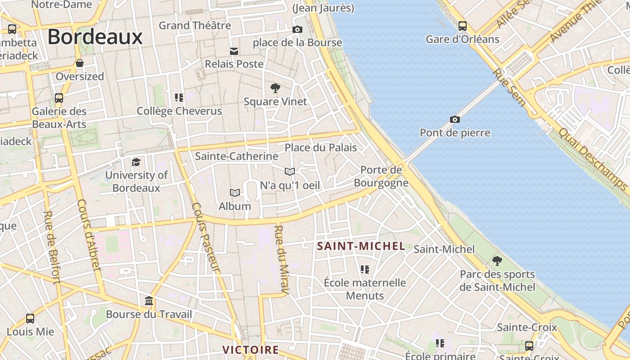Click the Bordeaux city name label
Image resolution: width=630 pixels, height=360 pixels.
pyautogui.click(x=95, y=36)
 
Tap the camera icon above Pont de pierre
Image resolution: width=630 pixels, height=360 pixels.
pyautogui.click(x=455, y=119)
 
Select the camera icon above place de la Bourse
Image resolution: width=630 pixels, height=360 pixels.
pyautogui.click(x=297, y=29)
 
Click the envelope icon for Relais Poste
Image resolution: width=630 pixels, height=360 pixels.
pyautogui.click(x=234, y=51)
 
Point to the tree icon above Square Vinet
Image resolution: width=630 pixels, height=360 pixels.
pyautogui.click(x=275, y=88)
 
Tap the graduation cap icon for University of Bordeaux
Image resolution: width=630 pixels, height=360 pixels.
pyautogui.click(x=136, y=162)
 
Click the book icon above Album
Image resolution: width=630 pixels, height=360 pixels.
pyautogui.click(x=234, y=193)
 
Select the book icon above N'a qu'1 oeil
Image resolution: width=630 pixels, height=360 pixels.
pyautogui.click(x=290, y=171)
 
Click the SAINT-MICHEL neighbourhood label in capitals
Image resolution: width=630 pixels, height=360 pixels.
pyautogui.click(x=361, y=246)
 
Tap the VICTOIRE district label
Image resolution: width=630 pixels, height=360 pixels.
pyautogui.click(x=251, y=350)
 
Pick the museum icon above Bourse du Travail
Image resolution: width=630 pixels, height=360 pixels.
pyautogui.click(x=149, y=301)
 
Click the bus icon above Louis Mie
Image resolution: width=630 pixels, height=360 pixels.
pyautogui.click(x=30, y=318)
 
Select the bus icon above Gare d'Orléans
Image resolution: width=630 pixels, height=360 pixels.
pyautogui.click(x=463, y=26)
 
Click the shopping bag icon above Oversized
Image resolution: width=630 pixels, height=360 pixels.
pyautogui.click(x=80, y=63)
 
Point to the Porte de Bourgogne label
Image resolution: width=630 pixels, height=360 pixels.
pyautogui.click(x=381, y=176)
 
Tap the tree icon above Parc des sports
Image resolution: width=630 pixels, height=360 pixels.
pyautogui.click(x=497, y=261)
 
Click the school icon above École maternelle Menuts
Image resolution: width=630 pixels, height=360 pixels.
pyautogui.click(x=365, y=269)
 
